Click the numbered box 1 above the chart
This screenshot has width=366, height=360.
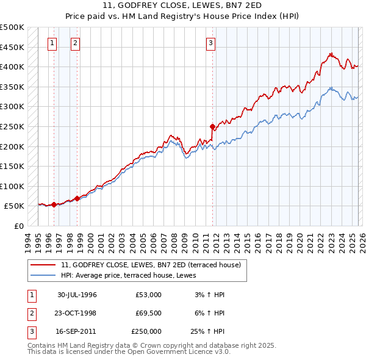[x=52, y=43]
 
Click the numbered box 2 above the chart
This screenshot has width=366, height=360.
[x=74, y=43]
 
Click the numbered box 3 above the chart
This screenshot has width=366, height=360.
[x=210, y=43]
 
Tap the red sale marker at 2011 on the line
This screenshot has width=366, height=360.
[x=213, y=127]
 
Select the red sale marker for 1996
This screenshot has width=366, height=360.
[x=54, y=204]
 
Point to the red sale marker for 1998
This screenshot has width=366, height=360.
[x=77, y=198]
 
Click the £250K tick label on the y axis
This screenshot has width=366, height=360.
[x=12, y=126]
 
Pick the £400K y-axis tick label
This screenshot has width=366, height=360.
[x=12, y=67]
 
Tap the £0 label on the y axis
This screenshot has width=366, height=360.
[x=19, y=226]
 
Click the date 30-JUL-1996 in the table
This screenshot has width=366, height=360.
[x=77, y=295]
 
